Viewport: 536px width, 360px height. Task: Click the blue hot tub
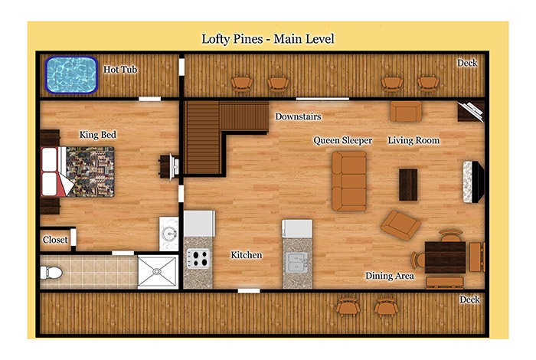[x=71, y=74]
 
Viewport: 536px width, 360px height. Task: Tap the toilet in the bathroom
[x=51, y=273]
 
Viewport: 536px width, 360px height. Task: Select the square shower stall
[x=158, y=271]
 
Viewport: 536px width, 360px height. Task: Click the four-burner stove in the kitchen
[x=198, y=258]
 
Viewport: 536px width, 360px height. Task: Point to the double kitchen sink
[x=297, y=262]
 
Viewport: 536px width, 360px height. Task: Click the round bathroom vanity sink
[x=169, y=234]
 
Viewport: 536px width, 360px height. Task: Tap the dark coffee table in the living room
[x=408, y=185]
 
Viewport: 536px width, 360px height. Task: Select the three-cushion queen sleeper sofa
[x=349, y=182]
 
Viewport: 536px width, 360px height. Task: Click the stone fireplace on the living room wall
[x=473, y=182]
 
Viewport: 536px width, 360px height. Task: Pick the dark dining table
[x=445, y=257]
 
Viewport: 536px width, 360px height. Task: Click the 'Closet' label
[x=55, y=240]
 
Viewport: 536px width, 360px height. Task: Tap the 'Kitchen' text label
[x=247, y=255]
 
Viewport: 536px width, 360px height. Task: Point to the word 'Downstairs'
[x=298, y=116]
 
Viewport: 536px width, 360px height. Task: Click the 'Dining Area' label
[x=389, y=276]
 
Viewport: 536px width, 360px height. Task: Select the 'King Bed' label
[x=98, y=135]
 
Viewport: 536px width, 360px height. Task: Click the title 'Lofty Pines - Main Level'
[x=268, y=38]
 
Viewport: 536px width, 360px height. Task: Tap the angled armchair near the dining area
[x=400, y=225]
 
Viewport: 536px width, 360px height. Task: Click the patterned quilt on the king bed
[x=90, y=172]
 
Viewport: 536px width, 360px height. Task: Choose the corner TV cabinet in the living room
[x=471, y=112]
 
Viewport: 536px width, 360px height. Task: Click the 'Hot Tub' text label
[x=120, y=70]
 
